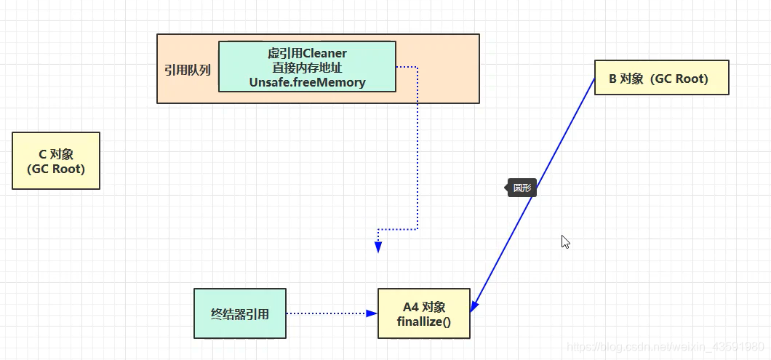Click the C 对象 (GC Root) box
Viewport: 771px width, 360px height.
[x=56, y=161]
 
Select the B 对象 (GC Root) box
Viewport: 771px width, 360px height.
[x=661, y=78]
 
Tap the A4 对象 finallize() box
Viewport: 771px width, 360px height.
[x=424, y=313]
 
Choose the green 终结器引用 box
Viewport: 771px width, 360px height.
[x=240, y=313]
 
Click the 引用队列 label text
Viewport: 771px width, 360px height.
[x=188, y=71]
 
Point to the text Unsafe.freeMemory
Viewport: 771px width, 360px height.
[x=307, y=82]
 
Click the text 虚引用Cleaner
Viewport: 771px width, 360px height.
[x=307, y=53]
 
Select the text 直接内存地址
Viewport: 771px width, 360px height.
[x=307, y=68]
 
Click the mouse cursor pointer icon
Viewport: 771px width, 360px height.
[x=565, y=241]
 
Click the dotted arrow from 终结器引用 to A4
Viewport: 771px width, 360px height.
[x=327, y=313]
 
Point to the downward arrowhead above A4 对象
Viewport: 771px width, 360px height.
[x=378, y=247]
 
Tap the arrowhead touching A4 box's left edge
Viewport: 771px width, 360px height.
[x=372, y=313]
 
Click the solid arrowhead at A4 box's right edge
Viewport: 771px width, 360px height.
[x=474, y=307]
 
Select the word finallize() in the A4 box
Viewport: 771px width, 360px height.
[x=424, y=321]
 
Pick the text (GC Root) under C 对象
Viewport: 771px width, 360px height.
[x=56, y=169]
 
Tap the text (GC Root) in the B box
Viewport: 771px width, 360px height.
[x=681, y=79]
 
